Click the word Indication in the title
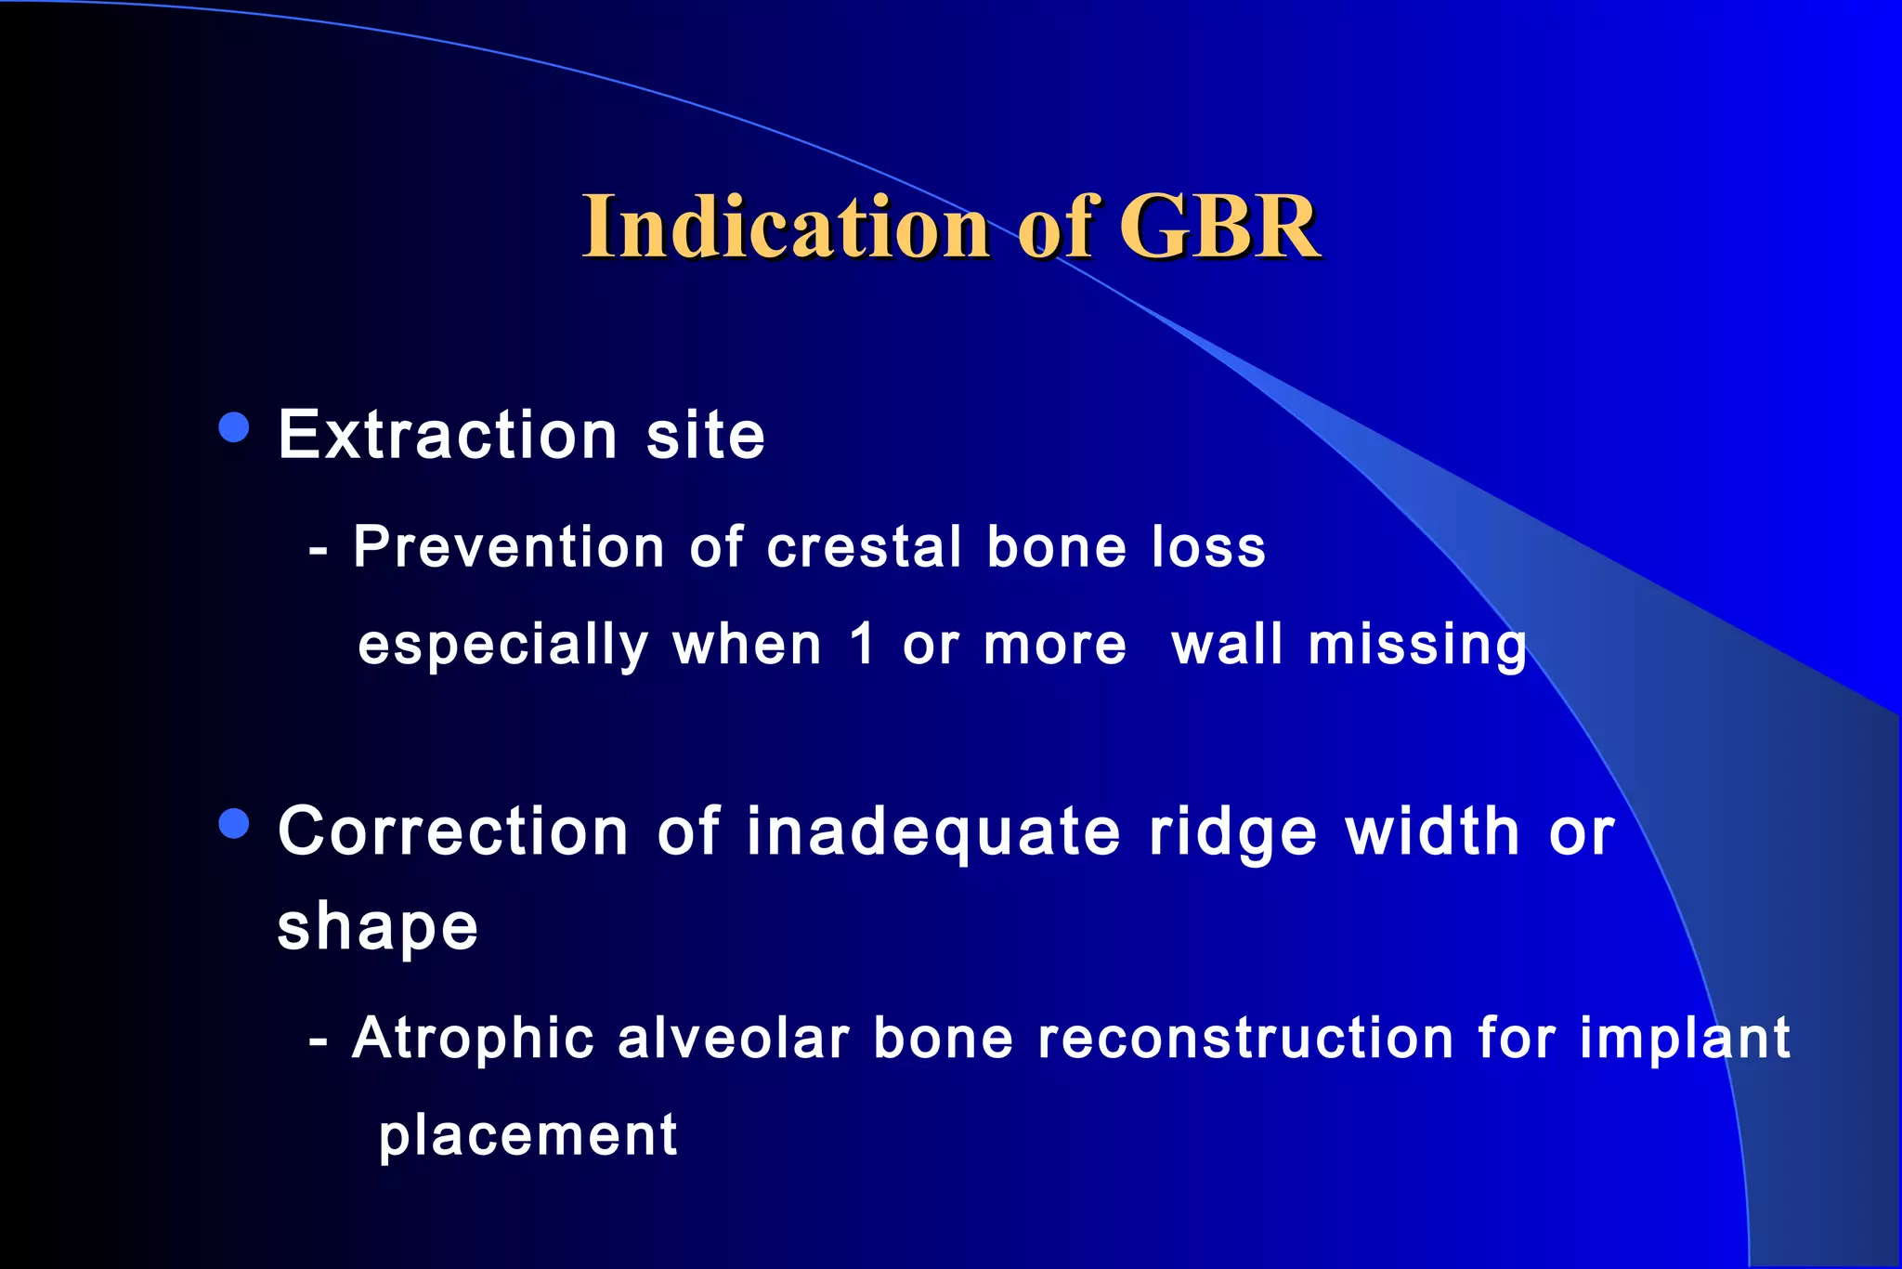coord(786,227)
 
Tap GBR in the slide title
coord(1218,227)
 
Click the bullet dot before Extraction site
coord(234,428)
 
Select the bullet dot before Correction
coord(234,824)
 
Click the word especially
coord(503,647)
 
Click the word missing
coord(1417,647)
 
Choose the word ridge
coord(1233,831)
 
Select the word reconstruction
coord(1244,1038)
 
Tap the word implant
coord(1685,1039)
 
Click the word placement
coord(528,1136)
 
